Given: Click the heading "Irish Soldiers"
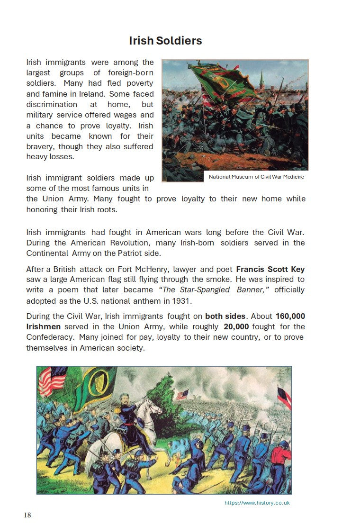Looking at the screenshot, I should [165, 41].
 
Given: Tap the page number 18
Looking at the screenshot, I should [27, 515].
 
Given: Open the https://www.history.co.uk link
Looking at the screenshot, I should [257, 503].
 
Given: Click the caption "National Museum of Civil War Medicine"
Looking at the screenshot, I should [256, 177].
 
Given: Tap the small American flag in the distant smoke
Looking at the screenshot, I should [182, 394].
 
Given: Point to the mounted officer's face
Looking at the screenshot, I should [128, 396].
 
